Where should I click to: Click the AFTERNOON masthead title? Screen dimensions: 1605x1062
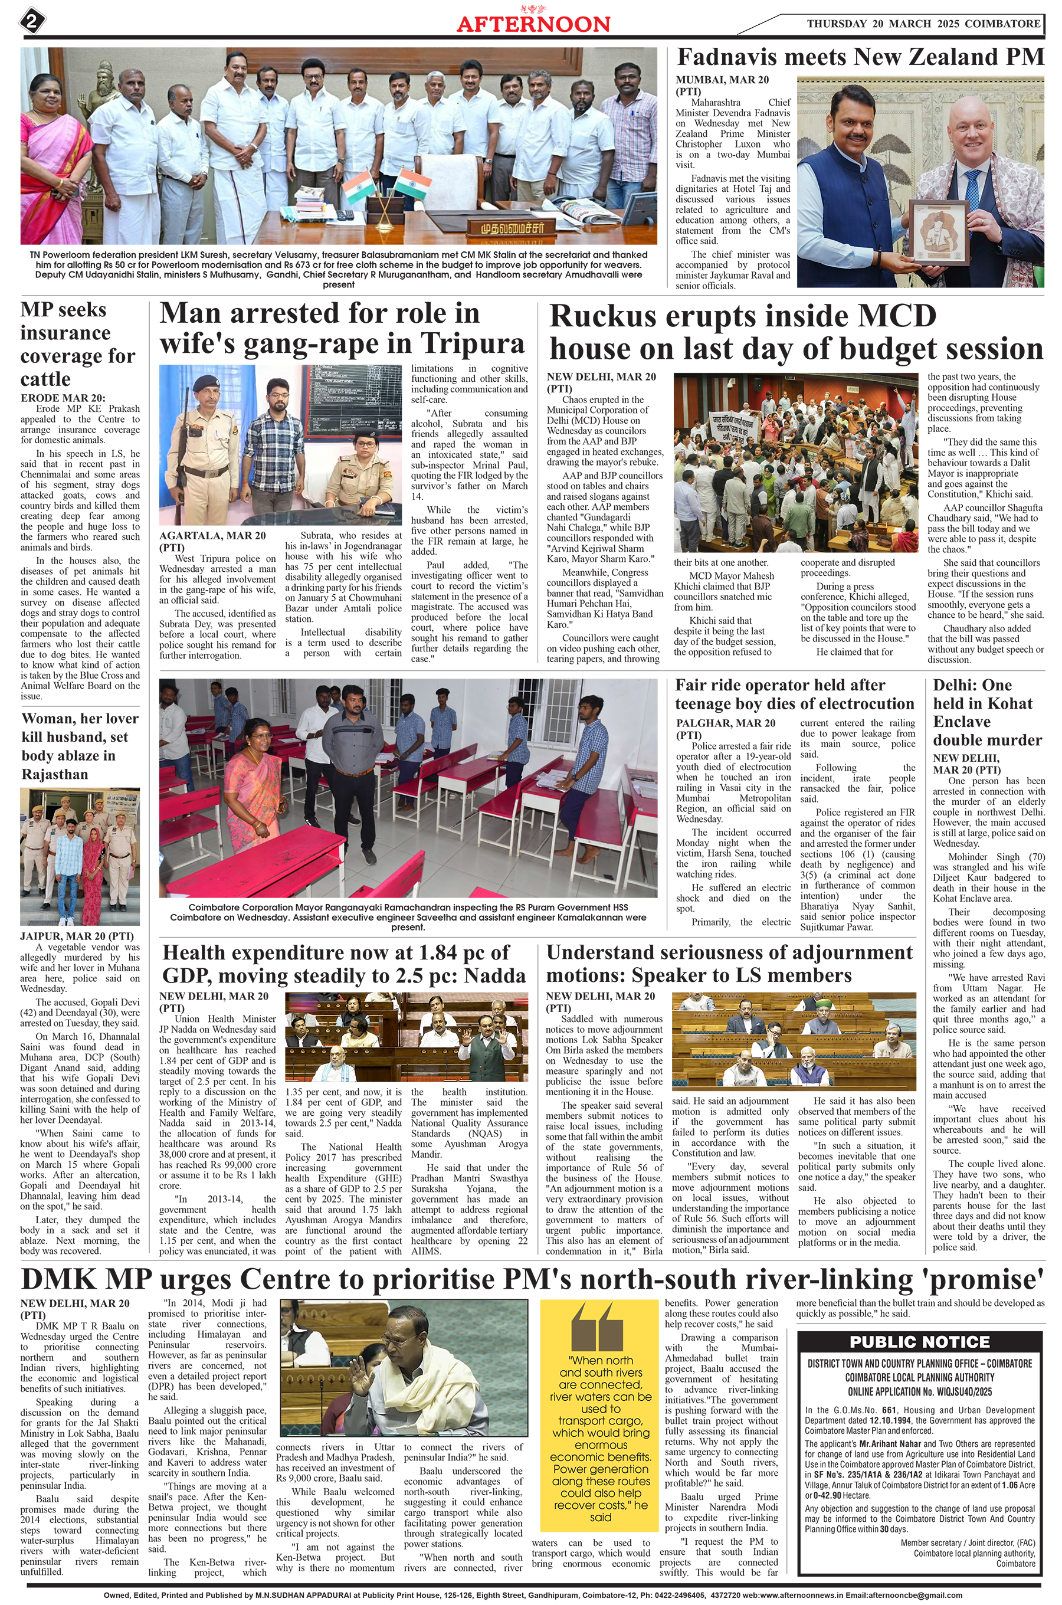(x=533, y=24)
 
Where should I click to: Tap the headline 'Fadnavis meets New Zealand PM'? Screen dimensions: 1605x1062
(x=860, y=57)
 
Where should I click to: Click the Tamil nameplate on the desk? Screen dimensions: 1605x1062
(x=507, y=226)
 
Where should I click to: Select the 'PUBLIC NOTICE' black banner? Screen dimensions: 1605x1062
(x=919, y=1342)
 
